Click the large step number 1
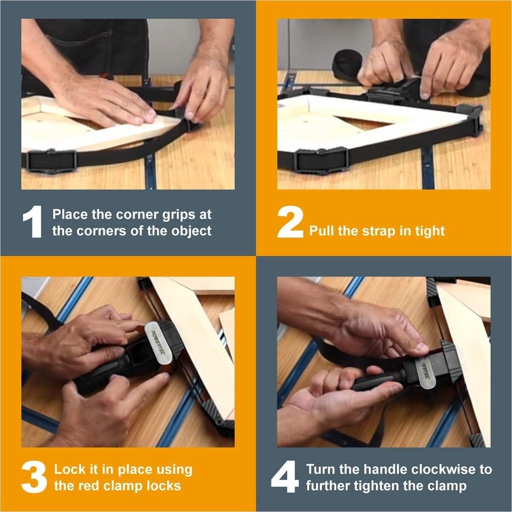pyautogui.click(x=33, y=222)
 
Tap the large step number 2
pyautogui.click(x=290, y=222)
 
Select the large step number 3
pyautogui.click(x=34, y=477)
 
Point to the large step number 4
pyautogui.click(x=284, y=477)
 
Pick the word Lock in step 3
pyautogui.click(x=69, y=470)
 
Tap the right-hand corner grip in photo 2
pyautogui.click(x=470, y=118)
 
